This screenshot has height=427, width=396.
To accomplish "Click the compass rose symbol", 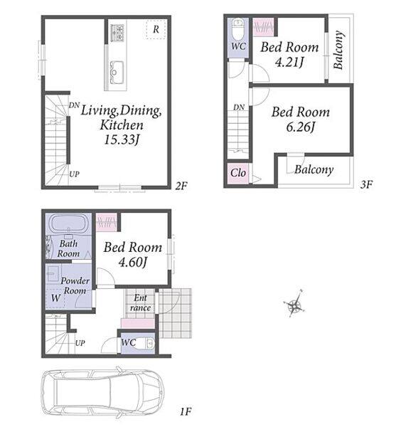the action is [294, 304].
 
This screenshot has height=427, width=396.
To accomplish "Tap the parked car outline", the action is [102, 393].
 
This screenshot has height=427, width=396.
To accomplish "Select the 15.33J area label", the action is [122, 139].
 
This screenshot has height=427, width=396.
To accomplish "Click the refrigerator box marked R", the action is [156, 29].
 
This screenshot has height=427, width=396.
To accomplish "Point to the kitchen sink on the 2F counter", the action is [117, 70].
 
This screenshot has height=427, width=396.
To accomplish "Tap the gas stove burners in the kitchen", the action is [117, 33].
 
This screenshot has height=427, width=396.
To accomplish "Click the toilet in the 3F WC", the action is [238, 29].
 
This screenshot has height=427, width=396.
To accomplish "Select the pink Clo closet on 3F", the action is [237, 173].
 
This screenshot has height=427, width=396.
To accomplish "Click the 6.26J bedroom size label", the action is [300, 127].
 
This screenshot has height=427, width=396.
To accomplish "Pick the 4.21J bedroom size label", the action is [289, 63].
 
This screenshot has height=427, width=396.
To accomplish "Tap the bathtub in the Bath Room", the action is [70, 224].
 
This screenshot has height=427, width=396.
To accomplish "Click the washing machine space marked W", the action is [55, 298].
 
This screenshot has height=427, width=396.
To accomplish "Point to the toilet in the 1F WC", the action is [146, 344].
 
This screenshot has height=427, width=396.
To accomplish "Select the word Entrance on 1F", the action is [140, 303].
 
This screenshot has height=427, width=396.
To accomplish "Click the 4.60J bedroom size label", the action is [133, 263].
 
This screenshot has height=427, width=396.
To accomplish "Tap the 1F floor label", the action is [186, 411].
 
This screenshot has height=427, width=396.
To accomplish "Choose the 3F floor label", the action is [366, 184].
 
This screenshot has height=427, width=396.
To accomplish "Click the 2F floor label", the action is [181, 186].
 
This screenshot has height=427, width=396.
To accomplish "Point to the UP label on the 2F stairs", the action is [74, 174].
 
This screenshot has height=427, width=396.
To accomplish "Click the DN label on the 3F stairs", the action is [239, 107].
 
